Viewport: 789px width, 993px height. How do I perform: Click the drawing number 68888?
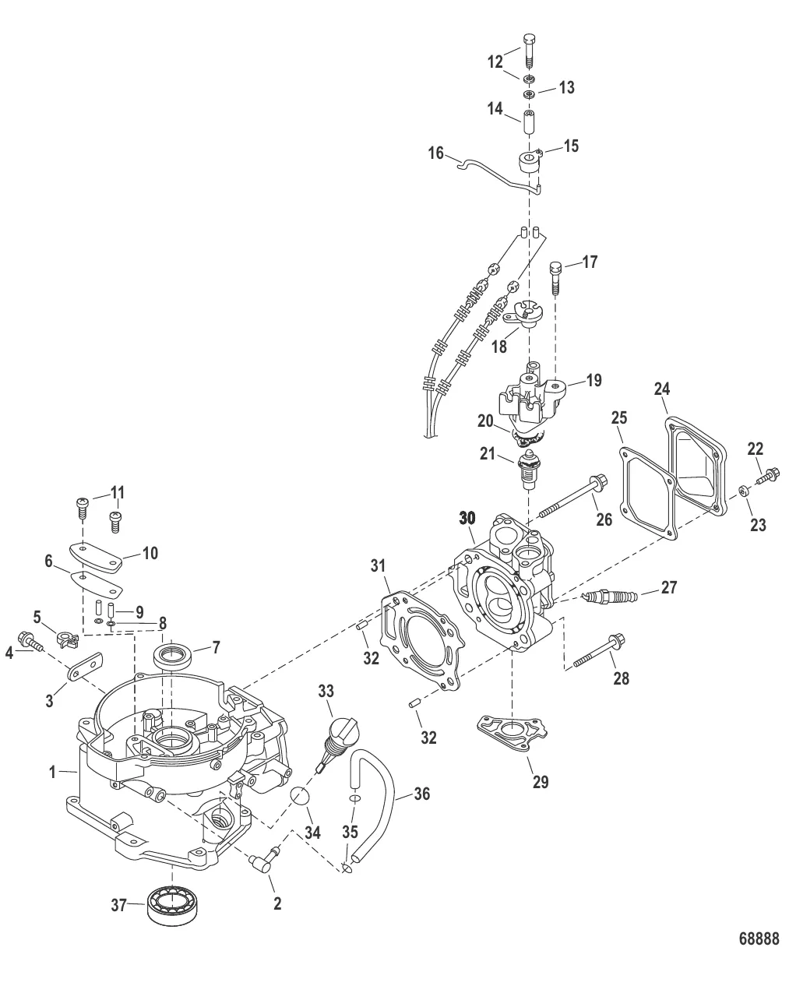[x=758, y=938]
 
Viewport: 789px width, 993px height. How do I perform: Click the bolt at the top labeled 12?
[x=529, y=51]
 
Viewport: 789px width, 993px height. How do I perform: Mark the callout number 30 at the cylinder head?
[x=467, y=517]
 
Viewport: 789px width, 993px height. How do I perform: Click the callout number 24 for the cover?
[x=661, y=388]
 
